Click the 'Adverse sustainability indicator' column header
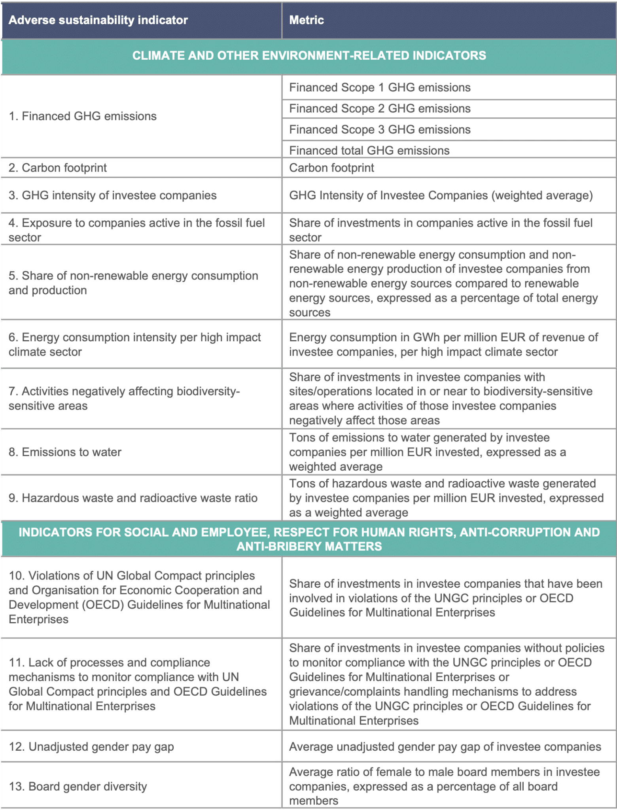pyautogui.click(x=98, y=20)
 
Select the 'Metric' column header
pyautogui.click(x=307, y=20)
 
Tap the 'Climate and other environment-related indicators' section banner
pyautogui.click(x=309, y=56)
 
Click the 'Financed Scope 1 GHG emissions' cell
pyautogui.click(x=380, y=87)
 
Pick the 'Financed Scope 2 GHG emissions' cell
pyautogui.click(x=380, y=109)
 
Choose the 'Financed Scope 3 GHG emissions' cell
pyautogui.click(x=380, y=130)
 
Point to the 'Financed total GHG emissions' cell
pyautogui.click(x=369, y=151)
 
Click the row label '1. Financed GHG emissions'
pyautogui.click(x=83, y=116)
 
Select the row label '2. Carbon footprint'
pyautogui.click(x=58, y=168)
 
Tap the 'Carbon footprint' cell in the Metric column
pyautogui.click(x=331, y=168)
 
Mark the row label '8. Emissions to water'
pyautogui.click(x=65, y=452)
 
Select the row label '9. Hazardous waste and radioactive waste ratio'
pyautogui.click(x=133, y=498)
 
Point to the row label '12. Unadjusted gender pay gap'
pyautogui.click(x=91, y=747)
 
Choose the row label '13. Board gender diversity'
pyautogui.click(x=78, y=786)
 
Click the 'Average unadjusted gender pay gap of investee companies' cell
pyautogui.click(x=445, y=747)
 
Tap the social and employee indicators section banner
pyautogui.click(x=309, y=539)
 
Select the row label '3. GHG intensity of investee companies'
pyautogui.click(x=113, y=195)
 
